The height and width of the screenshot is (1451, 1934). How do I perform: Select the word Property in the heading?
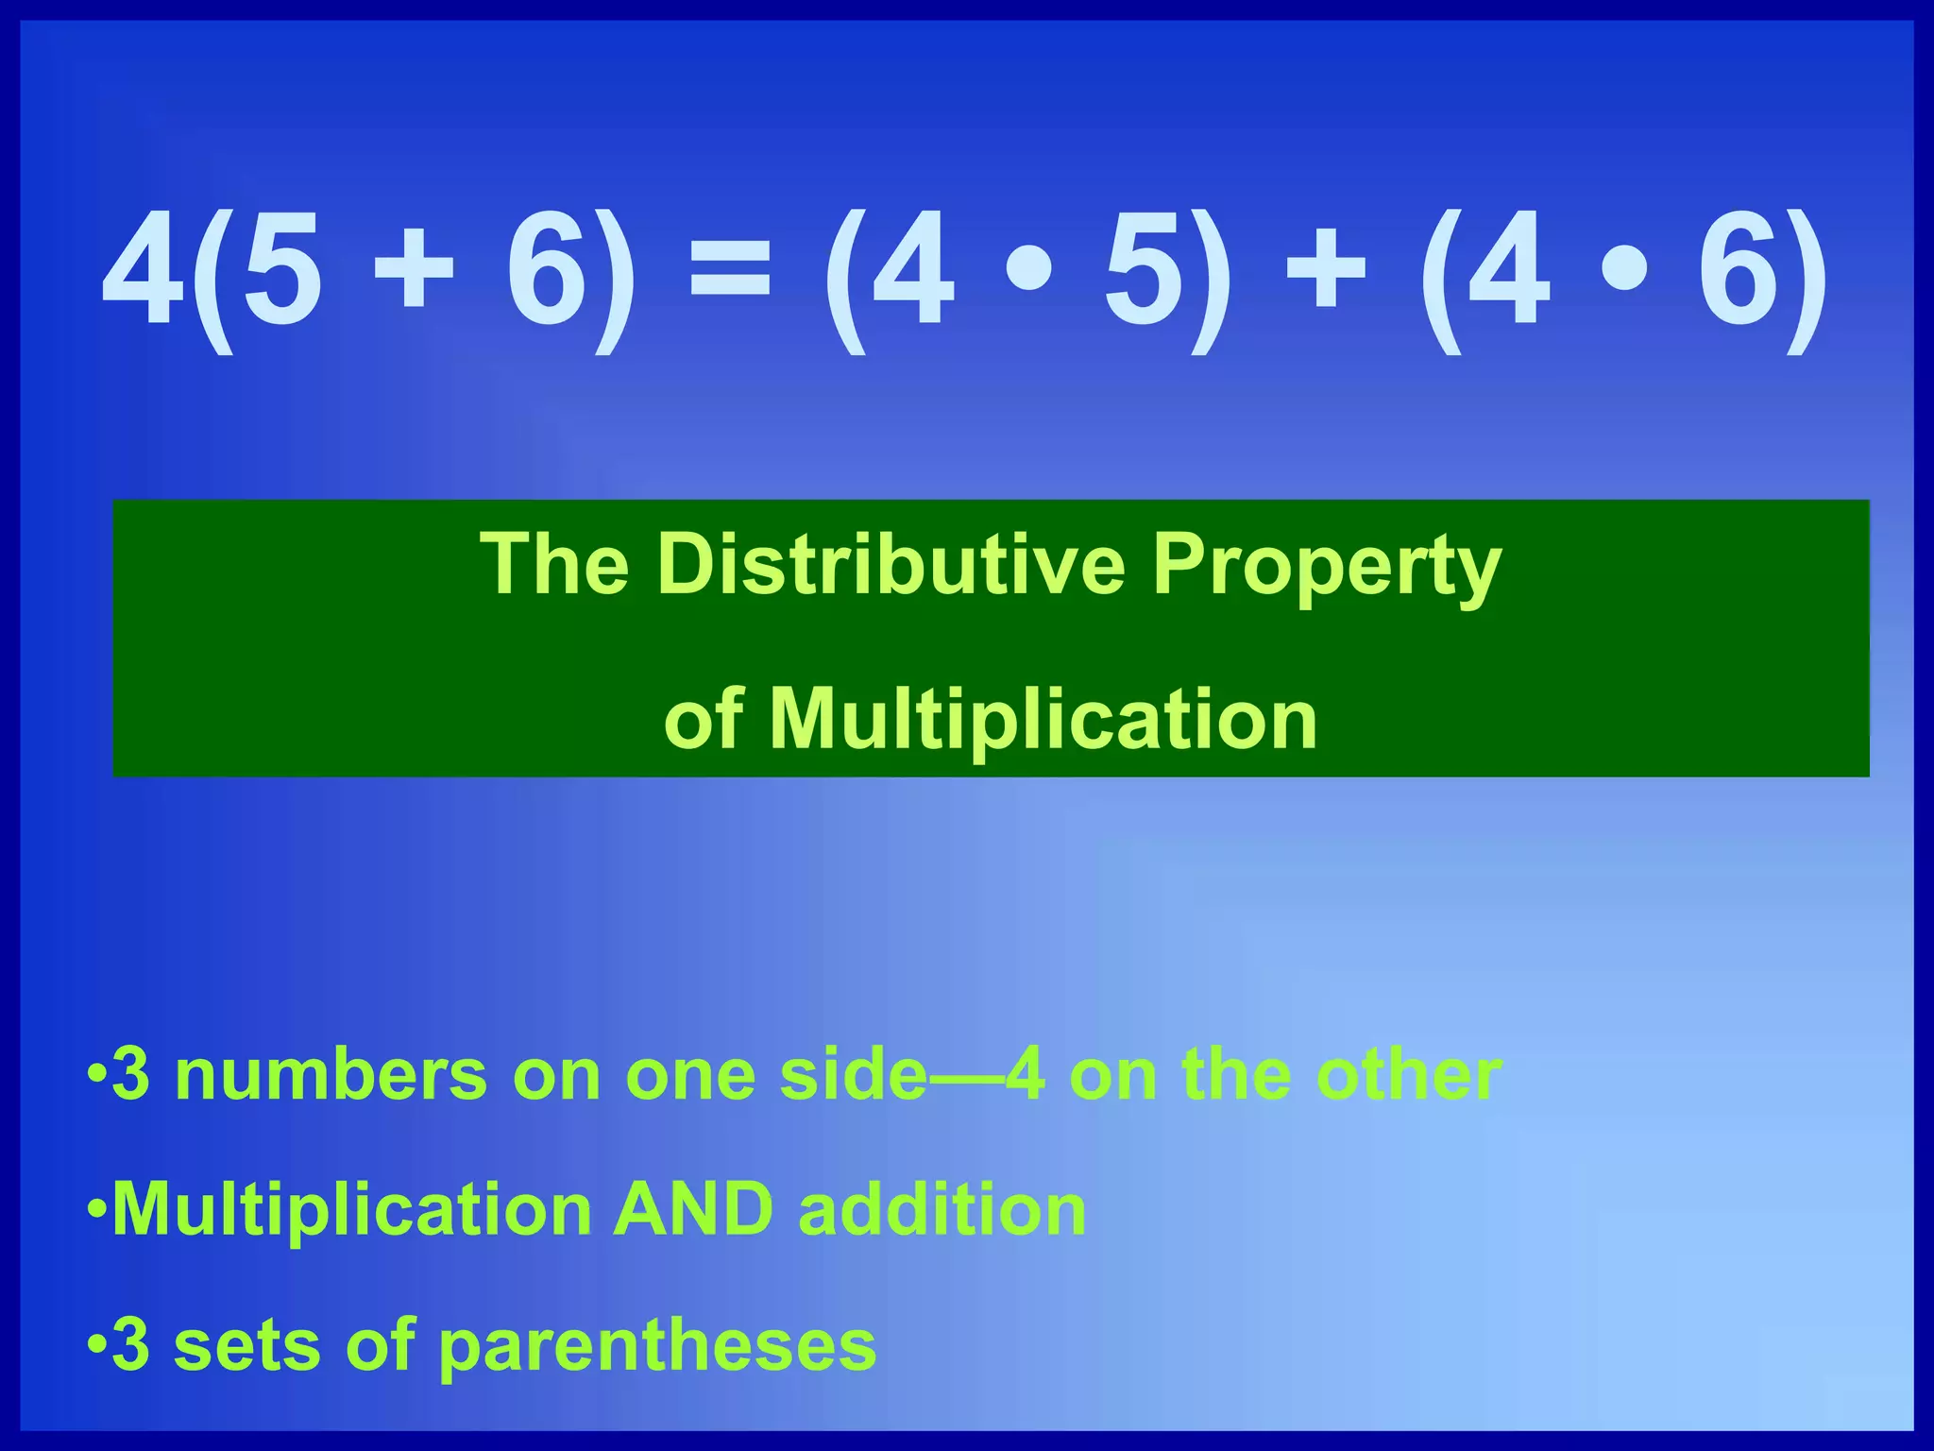[1325, 567]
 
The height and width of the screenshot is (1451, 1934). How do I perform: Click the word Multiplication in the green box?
[1043, 720]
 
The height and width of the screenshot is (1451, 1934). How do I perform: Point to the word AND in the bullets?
[691, 1210]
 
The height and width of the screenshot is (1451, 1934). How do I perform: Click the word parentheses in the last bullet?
[657, 1346]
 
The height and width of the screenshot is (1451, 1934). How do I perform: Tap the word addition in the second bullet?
[942, 1210]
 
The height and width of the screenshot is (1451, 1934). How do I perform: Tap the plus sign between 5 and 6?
[413, 272]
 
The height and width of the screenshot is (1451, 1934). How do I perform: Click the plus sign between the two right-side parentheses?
[1325, 272]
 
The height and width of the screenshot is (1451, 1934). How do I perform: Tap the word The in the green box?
[554, 565]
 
